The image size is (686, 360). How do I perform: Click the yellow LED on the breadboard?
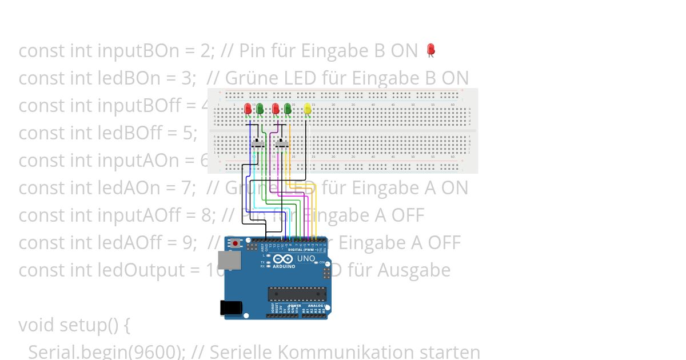[308, 108]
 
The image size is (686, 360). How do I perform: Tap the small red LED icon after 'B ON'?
[431, 50]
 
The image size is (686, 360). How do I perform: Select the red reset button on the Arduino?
[236, 243]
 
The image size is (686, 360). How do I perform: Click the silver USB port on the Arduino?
[229, 261]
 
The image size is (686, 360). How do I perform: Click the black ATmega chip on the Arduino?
[297, 294]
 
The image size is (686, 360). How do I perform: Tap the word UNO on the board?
[306, 258]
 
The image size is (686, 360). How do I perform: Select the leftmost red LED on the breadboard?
[248, 108]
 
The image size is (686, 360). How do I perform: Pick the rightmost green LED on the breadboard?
[288, 108]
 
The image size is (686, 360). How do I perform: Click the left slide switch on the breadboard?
[258, 143]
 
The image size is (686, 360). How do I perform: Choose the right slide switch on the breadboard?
[282, 143]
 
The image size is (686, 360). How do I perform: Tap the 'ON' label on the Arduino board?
[322, 262]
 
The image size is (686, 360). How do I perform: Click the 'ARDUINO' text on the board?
[284, 267]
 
